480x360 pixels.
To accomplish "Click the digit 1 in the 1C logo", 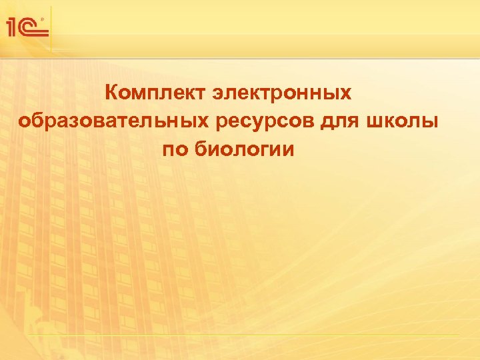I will pyautogui.click(x=12, y=27).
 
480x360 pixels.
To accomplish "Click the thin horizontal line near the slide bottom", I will pyautogui.click(x=243, y=334).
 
